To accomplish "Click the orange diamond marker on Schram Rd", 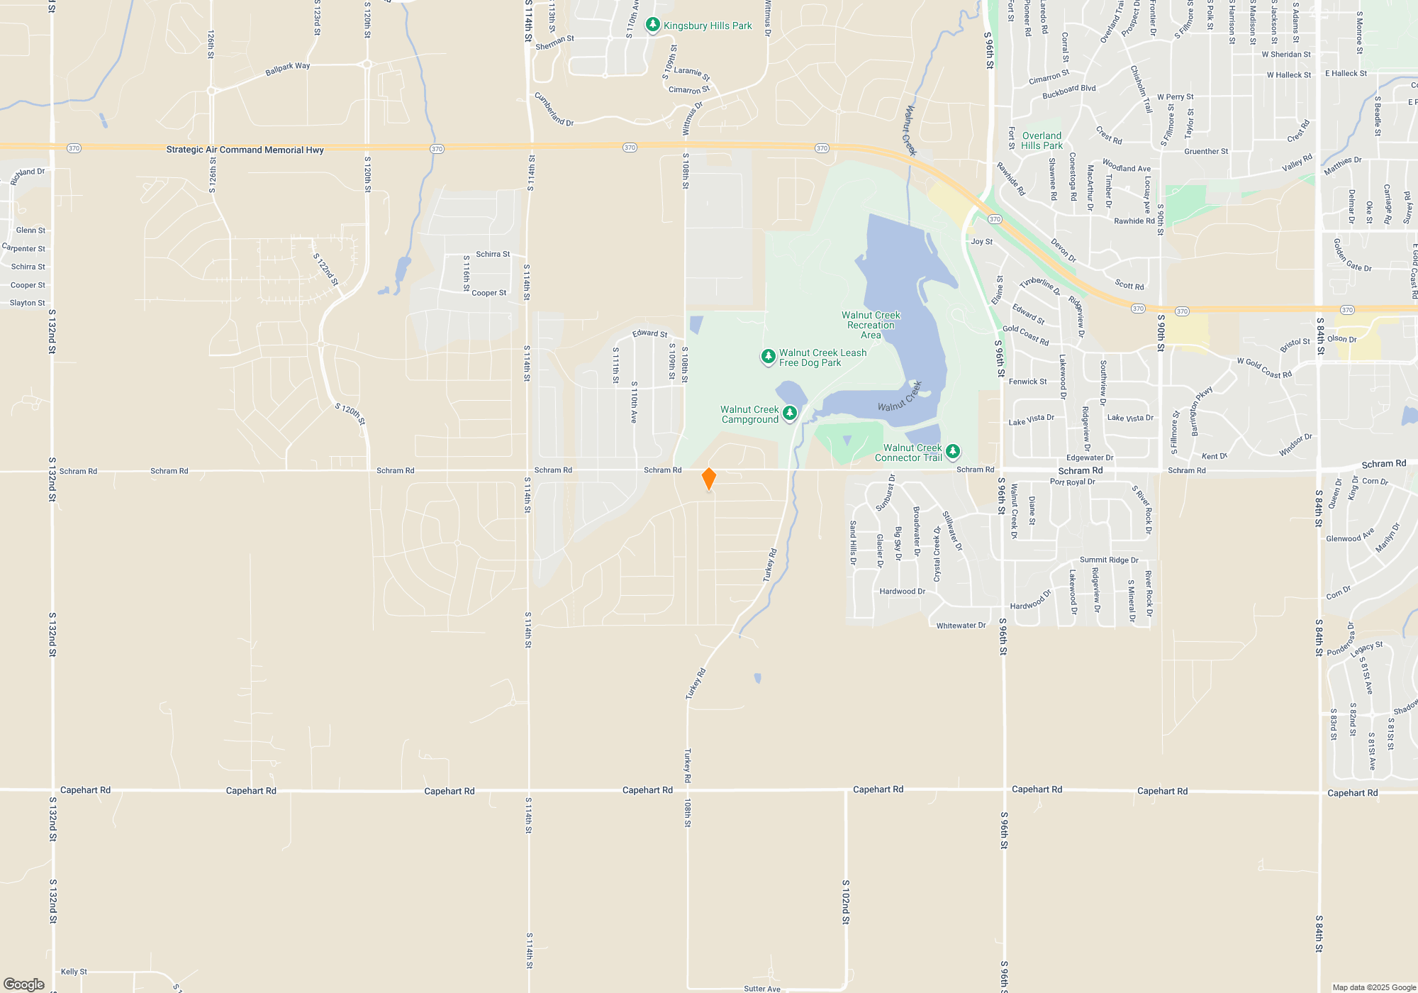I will (708, 479).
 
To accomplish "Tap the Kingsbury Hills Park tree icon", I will (653, 25).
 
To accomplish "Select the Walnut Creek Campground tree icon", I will (790, 414).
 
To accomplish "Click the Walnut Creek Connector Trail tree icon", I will (953, 451).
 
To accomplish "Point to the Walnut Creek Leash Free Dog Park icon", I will (768, 357).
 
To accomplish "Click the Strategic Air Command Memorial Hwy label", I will (245, 150).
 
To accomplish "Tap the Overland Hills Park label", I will (1042, 140).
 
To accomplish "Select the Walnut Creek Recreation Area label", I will (871, 325).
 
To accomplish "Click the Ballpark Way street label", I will (287, 69).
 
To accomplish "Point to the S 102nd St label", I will (845, 902).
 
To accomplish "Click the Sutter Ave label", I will (762, 988).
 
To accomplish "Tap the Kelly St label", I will (74, 972).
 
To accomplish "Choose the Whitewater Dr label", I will (961, 626).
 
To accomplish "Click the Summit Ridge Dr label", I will (1109, 560).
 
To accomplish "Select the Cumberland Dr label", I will (554, 110).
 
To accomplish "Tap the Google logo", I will (24, 984).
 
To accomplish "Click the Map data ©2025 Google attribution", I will (1373, 987).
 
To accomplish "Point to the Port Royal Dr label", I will (1072, 482).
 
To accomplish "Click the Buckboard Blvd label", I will (1068, 91).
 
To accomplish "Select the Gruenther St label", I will (1206, 151).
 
